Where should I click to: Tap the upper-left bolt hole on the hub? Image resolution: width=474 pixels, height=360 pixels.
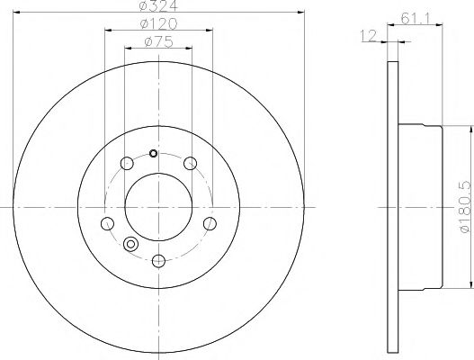(x=127, y=163)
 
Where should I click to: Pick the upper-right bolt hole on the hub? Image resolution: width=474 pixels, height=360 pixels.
(x=190, y=163)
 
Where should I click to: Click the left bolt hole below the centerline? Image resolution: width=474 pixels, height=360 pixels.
(x=108, y=223)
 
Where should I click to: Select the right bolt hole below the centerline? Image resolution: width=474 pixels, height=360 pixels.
(x=210, y=223)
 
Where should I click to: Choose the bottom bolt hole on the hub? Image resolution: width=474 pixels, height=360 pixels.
(x=158, y=261)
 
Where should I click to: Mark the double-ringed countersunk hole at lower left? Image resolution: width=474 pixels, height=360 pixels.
(x=131, y=244)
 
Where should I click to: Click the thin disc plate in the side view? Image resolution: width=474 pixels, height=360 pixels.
(x=392, y=206)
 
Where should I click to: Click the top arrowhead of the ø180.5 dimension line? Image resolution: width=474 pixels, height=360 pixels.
(x=467, y=129)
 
